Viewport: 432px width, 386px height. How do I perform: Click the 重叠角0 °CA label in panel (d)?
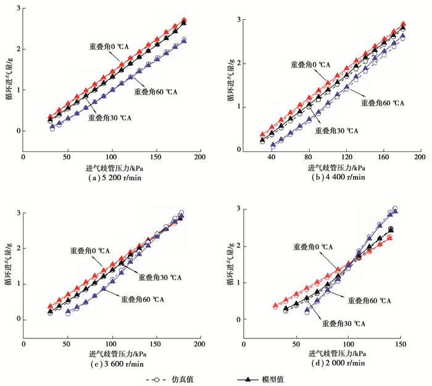309,246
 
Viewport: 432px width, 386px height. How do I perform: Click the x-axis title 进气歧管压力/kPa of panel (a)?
112,168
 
